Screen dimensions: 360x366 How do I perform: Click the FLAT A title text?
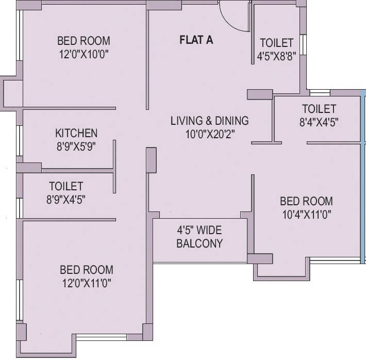coord(196,40)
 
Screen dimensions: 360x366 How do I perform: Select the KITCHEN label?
coord(76,133)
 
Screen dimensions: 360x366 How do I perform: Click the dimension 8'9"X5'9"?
coord(76,146)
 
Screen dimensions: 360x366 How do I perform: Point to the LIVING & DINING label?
coord(209,121)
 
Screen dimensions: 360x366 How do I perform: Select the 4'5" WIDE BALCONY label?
coord(199,237)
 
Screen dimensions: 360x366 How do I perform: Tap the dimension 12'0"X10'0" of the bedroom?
coord(84,54)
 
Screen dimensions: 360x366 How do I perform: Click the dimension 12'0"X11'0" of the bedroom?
coord(86,283)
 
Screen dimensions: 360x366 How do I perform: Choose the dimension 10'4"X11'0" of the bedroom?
coord(306,214)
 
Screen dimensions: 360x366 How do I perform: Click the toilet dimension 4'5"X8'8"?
coord(276,56)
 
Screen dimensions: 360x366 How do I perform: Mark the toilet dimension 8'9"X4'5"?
coord(65,199)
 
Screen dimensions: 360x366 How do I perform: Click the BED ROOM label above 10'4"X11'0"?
coord(306,201)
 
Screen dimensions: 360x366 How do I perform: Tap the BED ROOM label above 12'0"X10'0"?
coord(84,41)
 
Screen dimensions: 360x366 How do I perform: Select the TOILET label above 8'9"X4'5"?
coord(65,186)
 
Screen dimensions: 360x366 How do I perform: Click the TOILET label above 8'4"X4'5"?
coord(319,109)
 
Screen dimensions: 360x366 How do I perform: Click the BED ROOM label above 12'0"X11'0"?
coord(86,270)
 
